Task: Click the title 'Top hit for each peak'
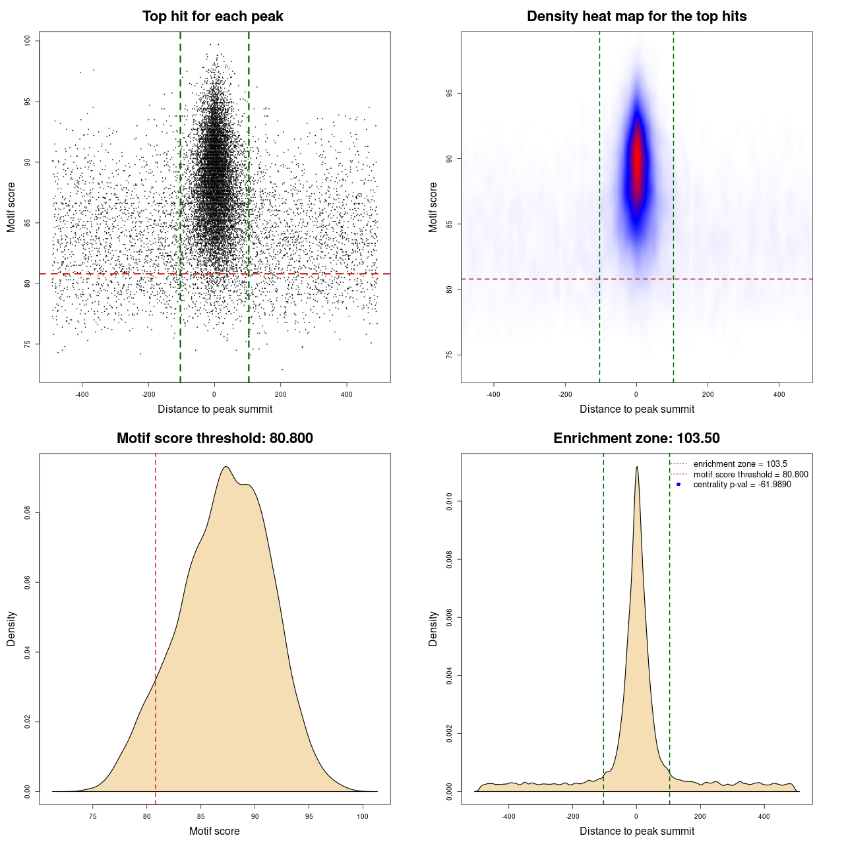(212, 16)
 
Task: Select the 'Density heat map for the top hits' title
(636, 16)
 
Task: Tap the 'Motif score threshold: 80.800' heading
(214, 438)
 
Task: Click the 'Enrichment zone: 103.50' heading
(636, 438)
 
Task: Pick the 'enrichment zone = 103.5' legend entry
(740, 464)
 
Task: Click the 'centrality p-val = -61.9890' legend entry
(742, 485)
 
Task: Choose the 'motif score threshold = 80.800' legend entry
(750, 475)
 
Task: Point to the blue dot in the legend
(678, 485)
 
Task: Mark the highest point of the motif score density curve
(226, 467)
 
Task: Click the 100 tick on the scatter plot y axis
(27, 41)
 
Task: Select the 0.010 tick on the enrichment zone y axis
(449, 502)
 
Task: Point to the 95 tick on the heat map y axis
(449, 94)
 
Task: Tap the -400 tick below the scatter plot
(82, 394)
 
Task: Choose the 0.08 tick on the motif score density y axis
(27, 513)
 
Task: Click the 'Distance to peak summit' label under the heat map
(636, 409)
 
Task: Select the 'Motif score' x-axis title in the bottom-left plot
(214, 831)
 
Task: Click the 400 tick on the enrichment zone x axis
(764, 816)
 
